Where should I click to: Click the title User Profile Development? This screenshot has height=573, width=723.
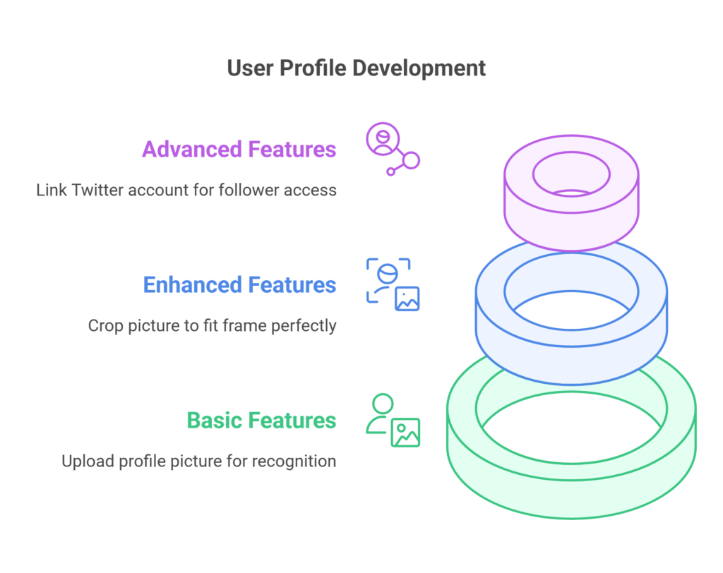(356, 68)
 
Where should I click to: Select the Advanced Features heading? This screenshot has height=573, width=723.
(239, 150)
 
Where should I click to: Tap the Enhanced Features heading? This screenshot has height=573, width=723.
(239, 285)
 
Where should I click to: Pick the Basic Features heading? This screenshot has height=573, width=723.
(261, 421)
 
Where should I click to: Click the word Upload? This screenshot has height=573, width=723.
(88, 462)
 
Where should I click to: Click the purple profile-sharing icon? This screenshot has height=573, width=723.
(393, 149)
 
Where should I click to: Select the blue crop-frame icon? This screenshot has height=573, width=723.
(393, 284)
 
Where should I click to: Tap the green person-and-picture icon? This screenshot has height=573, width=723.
(393, 421)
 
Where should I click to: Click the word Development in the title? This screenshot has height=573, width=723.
(419, 68)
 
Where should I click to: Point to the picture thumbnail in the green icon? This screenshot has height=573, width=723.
(406, 433)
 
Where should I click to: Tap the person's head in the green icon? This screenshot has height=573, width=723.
(383, 404)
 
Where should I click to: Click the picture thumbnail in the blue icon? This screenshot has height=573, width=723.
(407, 298)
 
